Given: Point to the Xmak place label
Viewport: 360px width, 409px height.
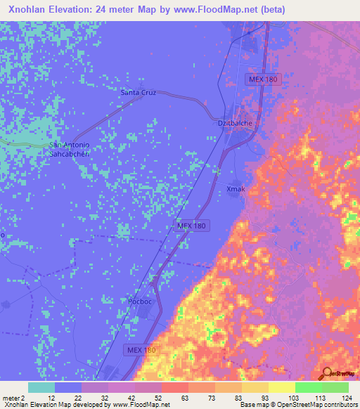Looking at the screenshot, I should [x=235, y=188].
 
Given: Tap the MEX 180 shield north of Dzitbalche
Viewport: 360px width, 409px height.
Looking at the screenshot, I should [x=264, y=80].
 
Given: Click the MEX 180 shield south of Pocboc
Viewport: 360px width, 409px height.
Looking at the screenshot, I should [x=141, y=349].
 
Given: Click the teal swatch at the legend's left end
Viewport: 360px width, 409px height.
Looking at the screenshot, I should [x=41, y=387].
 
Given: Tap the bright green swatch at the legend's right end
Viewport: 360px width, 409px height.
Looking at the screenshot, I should [x=335, y=387].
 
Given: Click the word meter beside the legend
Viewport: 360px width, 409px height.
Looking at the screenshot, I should [x=10, y=397].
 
